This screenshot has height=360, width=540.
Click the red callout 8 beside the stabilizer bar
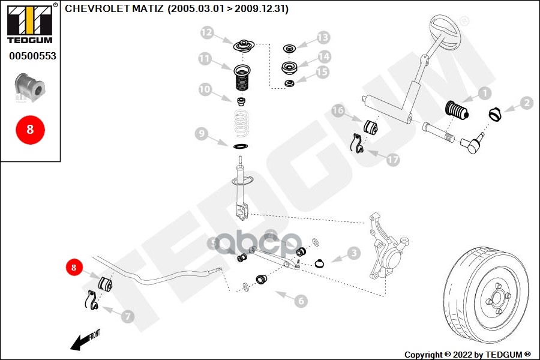point(74,268)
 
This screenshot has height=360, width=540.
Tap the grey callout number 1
point(484,93)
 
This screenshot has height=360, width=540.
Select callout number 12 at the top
point(207,32)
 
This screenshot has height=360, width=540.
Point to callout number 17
point(392,160)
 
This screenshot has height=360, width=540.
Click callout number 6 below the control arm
point(301,301)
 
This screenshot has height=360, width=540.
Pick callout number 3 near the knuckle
point(353,254)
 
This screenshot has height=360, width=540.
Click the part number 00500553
point(32,56)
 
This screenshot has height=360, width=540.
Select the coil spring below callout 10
point(242,123)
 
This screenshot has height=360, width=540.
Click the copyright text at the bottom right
point(467,354)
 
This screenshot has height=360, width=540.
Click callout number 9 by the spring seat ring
point(201,133)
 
